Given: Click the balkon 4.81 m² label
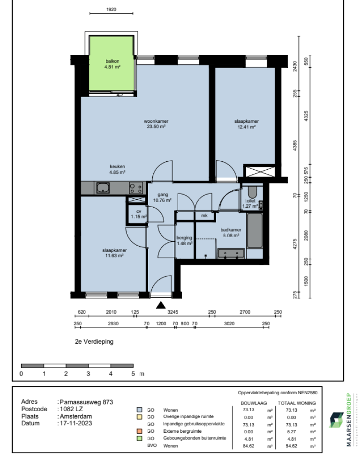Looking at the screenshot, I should coord(112,64).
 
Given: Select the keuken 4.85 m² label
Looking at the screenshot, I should coord(117,169).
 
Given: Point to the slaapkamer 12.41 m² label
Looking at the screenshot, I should coord(246,124).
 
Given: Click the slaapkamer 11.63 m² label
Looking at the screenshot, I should coord(114,253).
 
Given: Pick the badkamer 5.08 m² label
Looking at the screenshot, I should coord(231,233).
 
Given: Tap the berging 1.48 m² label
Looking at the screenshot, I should coord(184,240).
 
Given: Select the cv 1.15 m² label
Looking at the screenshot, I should coord(138,214).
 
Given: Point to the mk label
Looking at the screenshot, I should coord(204,216).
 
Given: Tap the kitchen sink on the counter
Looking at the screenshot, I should coord(103,188).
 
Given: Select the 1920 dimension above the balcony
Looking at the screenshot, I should coord(112,9).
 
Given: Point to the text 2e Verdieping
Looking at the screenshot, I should coord(94,342).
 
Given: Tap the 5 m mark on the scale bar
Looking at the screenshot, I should coord(133,374).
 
